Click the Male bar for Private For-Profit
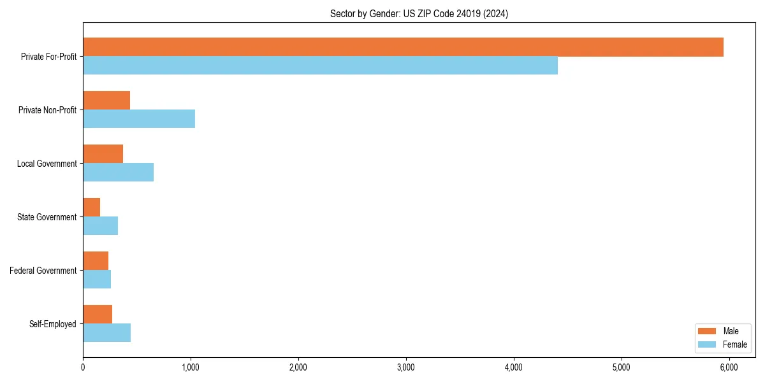pyautogui.click(x=403, y=47)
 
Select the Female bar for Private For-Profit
pyautogui.click(x=320, y=66)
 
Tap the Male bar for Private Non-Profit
pyautogui.click(x=106, y=101)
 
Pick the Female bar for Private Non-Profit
pyautogui.click(x=139, y=119)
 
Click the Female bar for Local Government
pyautogui.click(x=118, y=173)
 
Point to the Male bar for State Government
pyautogui.click(x=92, y=208)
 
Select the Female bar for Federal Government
pyautogui.click(x=97, y=279)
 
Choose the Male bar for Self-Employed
pyautogui.click(x=98, y=315)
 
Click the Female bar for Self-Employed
pyautogui.click(x=106, y=333)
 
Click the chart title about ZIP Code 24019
pyautogui.click(x=419, y=13)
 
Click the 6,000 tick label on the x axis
pyautogui.click(x=729, y=367)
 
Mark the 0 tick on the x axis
pyautogui.click(x=83, y=367)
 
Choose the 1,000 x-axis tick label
pyautogui.click(x=190, y=367)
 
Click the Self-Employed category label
pyautogui.click(x=53, y=324)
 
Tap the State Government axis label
pyautogui.click(x=47, y=217)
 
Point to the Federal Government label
pyautogui.click(x=43, y=271)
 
